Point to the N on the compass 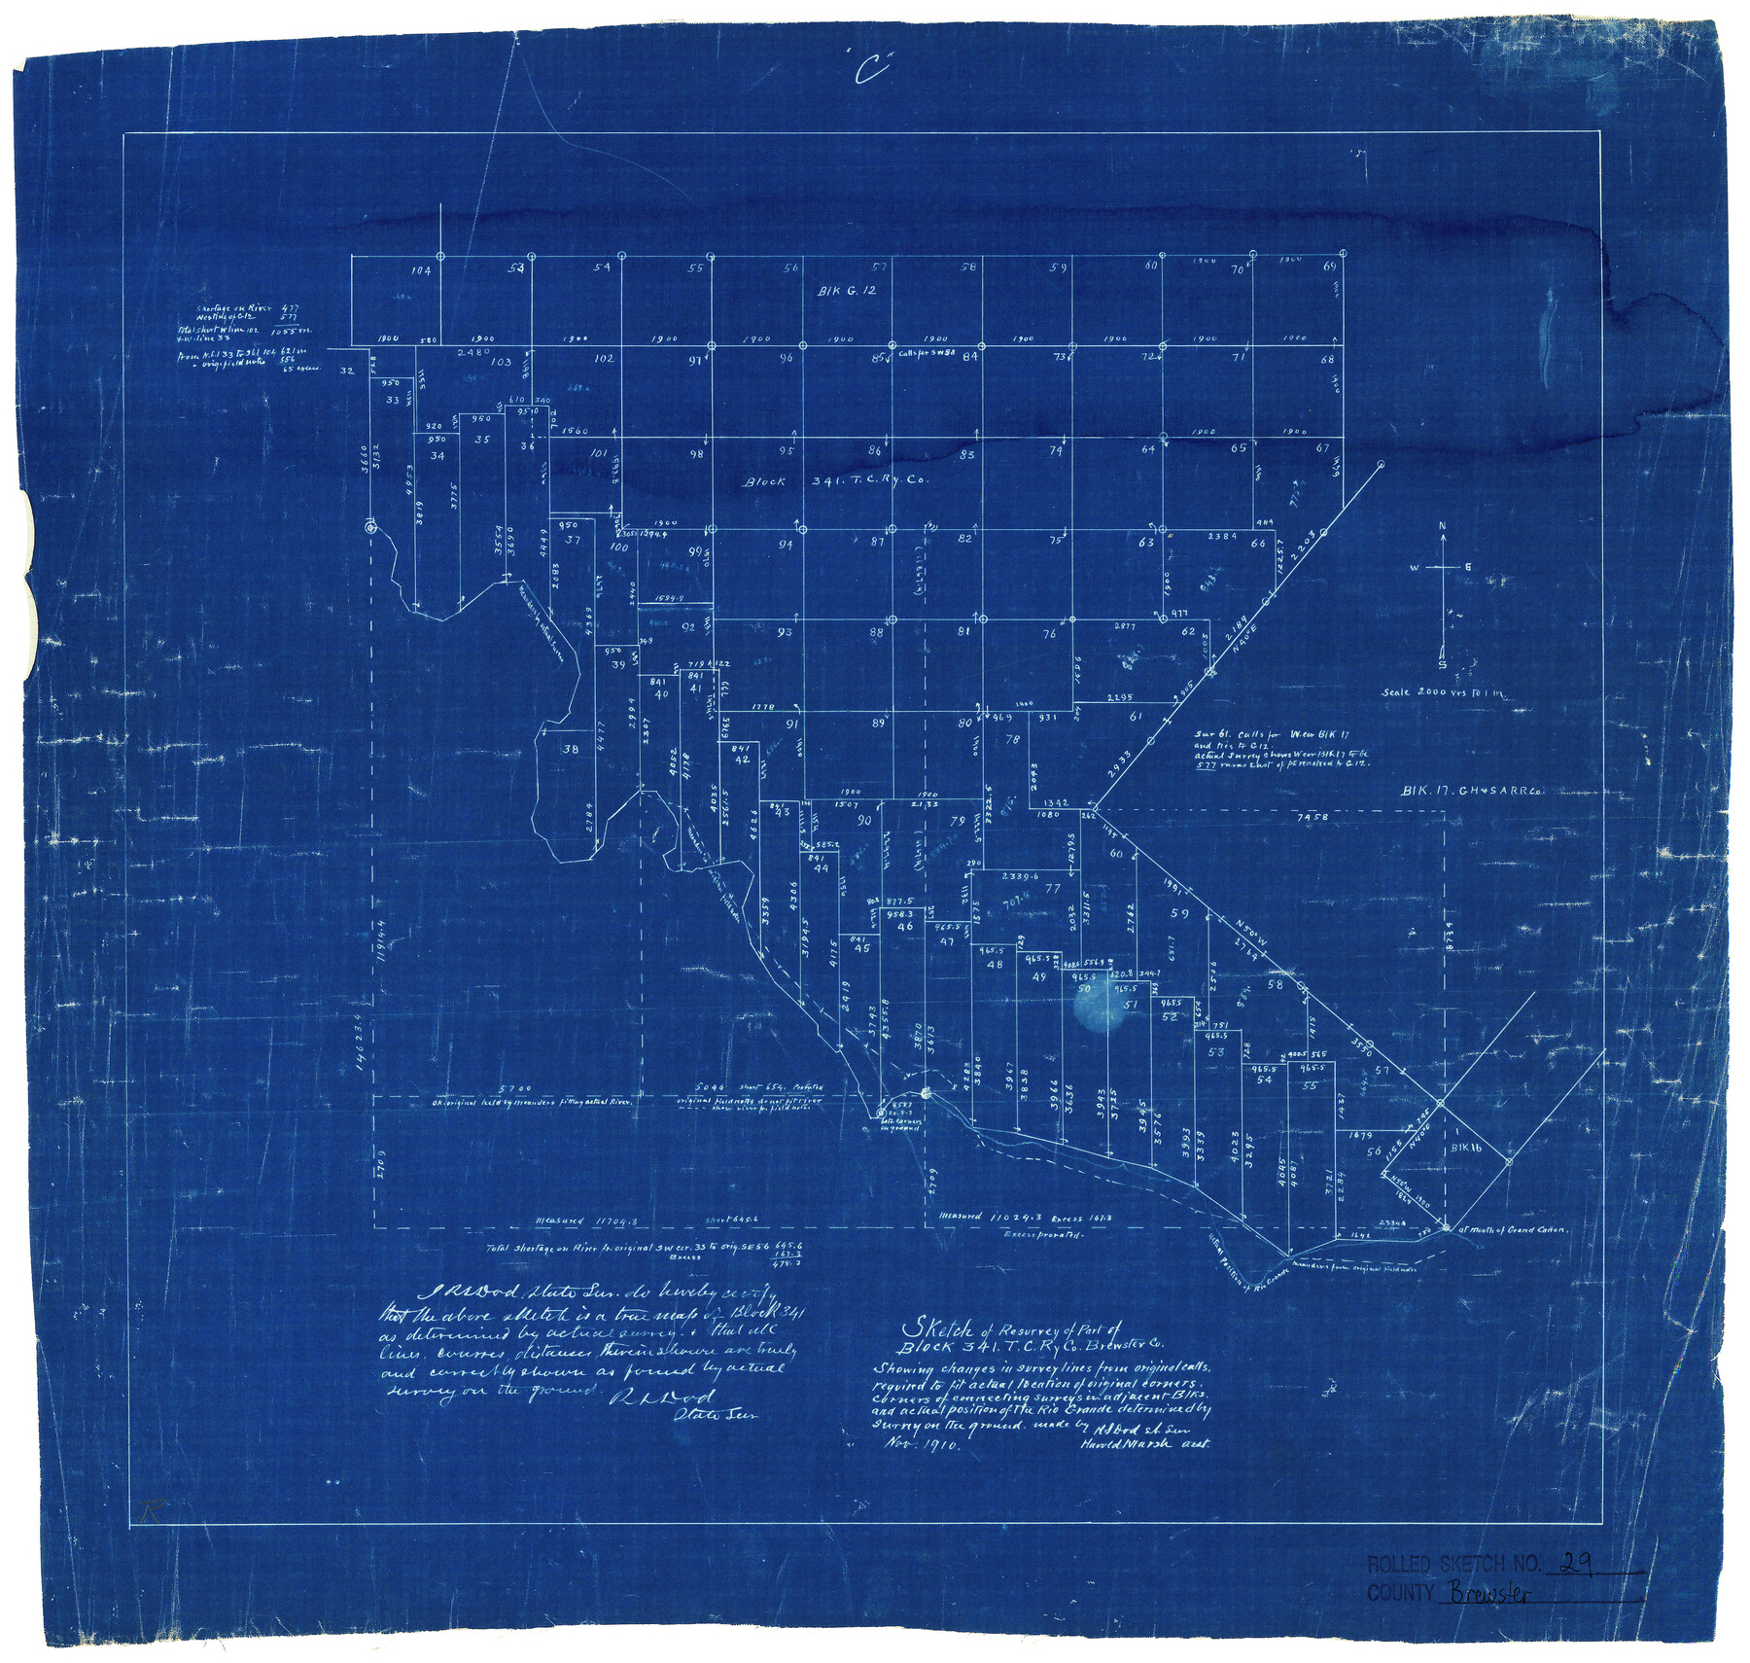click(1443, 526)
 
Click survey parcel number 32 click(346, 371)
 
